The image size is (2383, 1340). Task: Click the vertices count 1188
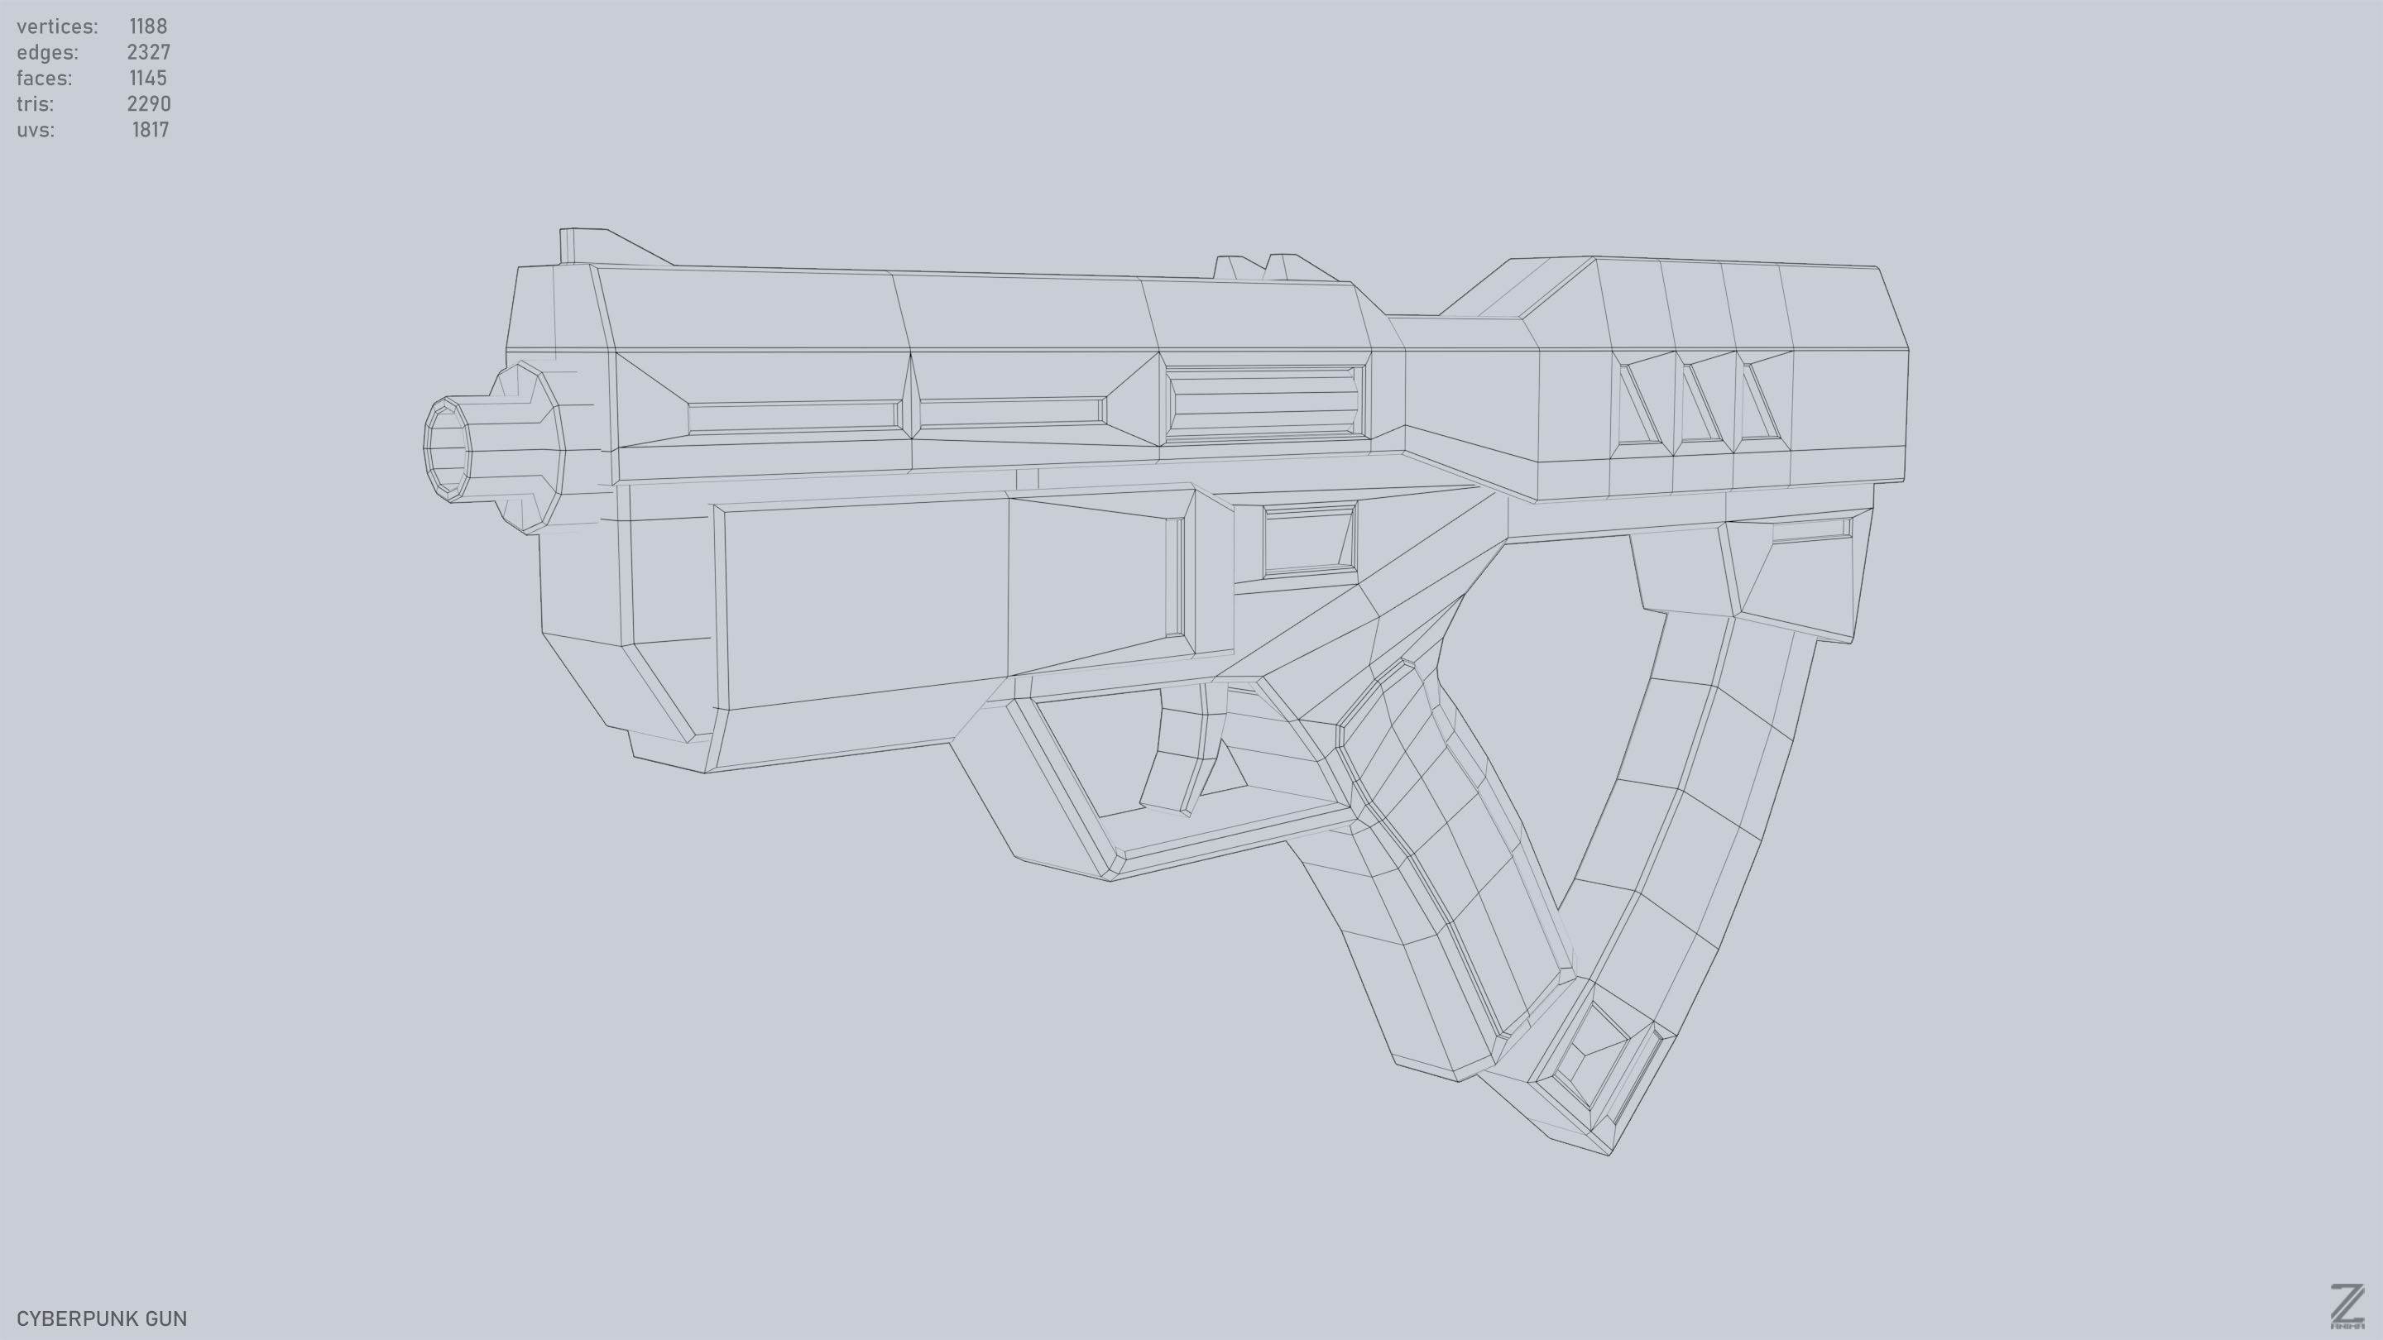click(148, 26)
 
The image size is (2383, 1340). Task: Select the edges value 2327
click(148, 52)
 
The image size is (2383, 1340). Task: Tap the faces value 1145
click(148, 78)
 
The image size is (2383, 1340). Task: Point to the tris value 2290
click(148, 103)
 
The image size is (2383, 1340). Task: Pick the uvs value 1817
click(150, 130)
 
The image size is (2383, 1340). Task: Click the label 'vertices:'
click(57, 26)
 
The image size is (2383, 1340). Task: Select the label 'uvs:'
click(35, 130)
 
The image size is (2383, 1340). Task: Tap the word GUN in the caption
click(164, 1318)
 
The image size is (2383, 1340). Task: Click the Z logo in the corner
click(2346, 1306)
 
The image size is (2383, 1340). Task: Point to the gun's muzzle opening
click(448, 449)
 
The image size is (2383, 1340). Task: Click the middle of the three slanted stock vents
click(1700, 401)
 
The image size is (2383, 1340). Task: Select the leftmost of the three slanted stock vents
click(1639, 403)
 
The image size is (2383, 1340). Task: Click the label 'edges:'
click(47, 52)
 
